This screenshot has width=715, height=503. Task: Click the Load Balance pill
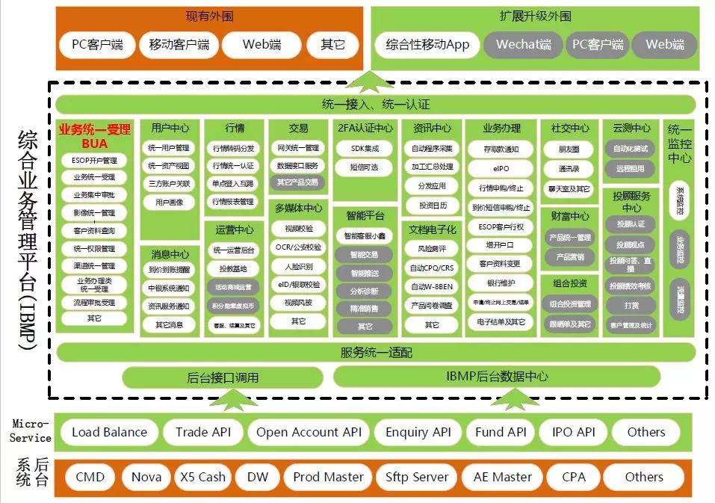109,432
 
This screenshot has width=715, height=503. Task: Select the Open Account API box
309,432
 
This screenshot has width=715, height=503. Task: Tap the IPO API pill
573,432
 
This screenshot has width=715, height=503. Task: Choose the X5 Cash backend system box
202,477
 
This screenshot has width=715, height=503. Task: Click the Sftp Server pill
417,477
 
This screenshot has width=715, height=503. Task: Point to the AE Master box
502,477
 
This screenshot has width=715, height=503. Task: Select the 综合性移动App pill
427,45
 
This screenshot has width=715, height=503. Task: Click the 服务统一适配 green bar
376,352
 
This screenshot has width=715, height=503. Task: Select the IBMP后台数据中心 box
497,377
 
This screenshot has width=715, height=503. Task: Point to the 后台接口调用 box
223,377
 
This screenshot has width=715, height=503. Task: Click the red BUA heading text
94,144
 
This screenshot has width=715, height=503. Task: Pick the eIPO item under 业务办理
501,169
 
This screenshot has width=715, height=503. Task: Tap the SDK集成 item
364,149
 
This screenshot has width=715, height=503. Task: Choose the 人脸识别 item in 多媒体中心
298,266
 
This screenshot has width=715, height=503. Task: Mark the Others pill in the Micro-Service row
646,432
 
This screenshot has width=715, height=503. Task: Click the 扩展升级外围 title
535,16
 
